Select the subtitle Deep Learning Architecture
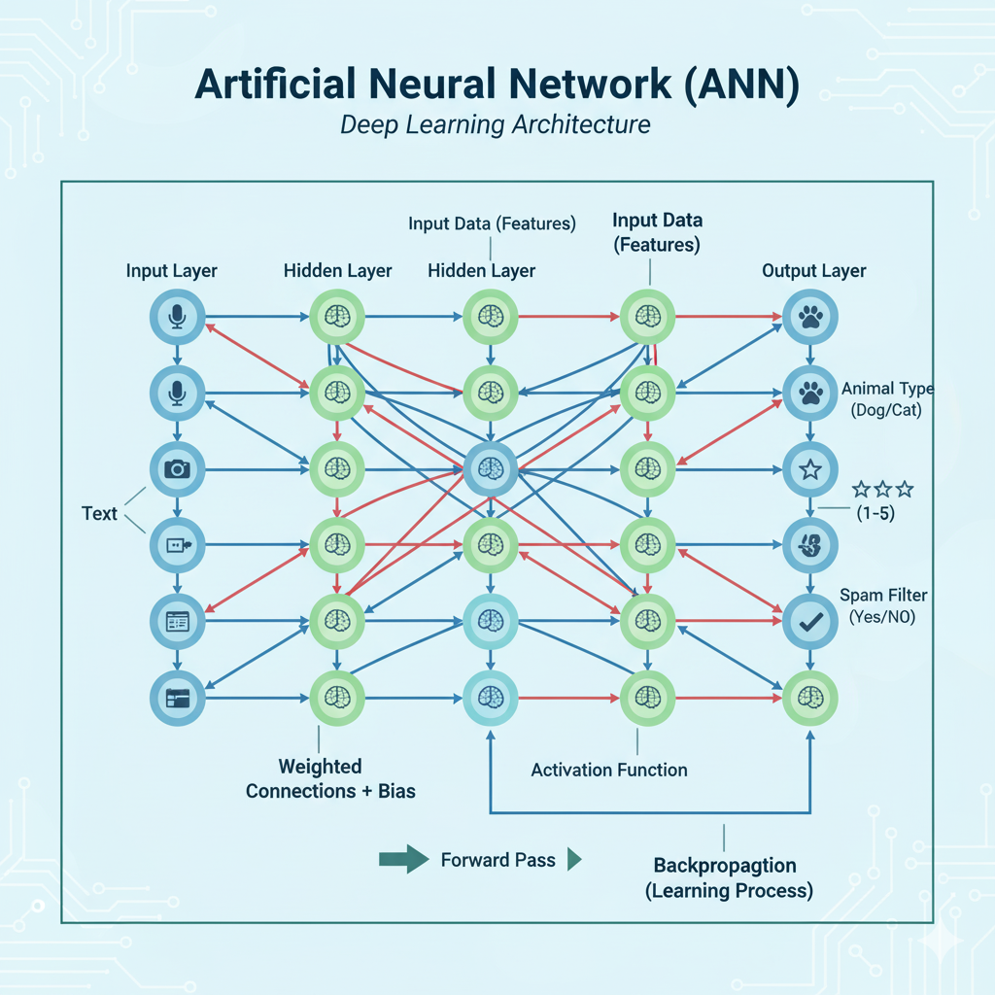coord(496,125)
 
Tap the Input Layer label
coord(172,270)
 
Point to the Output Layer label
coord(814,270)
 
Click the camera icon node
coord(177,469)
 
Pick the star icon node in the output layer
coord(809,470)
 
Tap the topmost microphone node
coord(177,317)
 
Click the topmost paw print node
coord(809,317)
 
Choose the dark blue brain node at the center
coord(491,469)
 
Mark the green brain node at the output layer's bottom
coord(809,698)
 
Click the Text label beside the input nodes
coord(99,513)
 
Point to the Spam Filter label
coord(882,595)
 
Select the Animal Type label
coord(887,389)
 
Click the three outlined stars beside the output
coord(882,489)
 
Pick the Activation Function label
coord(609,770)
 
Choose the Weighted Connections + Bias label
coord(330,779)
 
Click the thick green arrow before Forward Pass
coord(403,858)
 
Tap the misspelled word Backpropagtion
coord(725,865)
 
